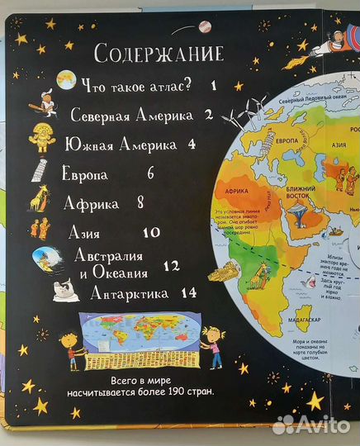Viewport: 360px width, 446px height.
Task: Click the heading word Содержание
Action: (x=159, y=55)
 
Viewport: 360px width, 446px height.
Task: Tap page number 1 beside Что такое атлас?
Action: (x=212, y=85)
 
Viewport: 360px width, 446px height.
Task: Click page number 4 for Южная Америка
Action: (x=192, y=145)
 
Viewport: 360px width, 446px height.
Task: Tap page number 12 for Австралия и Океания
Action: (x=171, y=267)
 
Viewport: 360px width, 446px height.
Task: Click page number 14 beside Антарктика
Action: (x=188, y=293)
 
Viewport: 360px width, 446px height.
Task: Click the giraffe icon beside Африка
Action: (x=40, y=199)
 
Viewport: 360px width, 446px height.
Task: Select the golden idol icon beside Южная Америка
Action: (x=41, y=140)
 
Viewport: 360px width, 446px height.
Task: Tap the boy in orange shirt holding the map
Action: (x=73, y=351)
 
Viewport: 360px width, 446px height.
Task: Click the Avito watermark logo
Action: (x=313, y=423)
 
